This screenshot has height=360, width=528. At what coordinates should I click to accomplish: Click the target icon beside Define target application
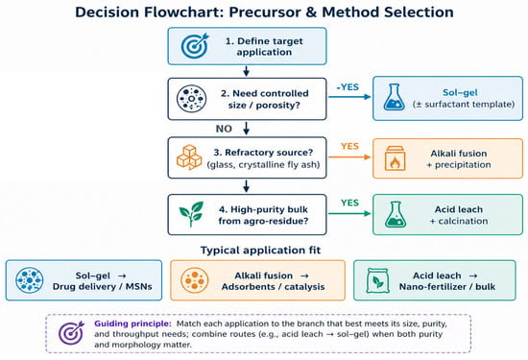[195, 46]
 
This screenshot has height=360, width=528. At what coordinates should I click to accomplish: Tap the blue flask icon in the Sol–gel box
[394, 98]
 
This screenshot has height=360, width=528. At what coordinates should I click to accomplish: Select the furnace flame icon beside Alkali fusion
[395, 158]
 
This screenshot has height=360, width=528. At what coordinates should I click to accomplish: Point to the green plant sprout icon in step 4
[191, 214]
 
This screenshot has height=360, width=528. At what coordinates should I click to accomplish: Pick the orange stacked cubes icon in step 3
[189, 157]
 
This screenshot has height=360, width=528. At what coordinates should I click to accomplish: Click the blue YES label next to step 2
[348, 87]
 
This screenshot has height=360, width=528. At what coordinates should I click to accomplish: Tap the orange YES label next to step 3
[349, 146]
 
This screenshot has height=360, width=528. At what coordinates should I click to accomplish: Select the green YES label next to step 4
[349, 203]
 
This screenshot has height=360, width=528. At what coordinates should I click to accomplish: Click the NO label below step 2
[224, 129]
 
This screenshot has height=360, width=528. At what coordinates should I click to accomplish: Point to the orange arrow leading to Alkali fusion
[349, 156]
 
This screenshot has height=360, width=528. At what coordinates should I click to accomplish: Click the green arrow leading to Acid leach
[349, 213]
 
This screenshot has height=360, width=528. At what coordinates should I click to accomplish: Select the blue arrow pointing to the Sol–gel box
[349, 97]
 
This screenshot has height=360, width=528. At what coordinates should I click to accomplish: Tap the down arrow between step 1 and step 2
[247, 71]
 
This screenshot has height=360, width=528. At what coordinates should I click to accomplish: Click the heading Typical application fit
[260, 251]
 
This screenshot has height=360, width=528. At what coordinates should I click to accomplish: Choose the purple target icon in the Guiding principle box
[71, 333]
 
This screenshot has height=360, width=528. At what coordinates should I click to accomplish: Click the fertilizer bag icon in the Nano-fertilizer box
[377, 280]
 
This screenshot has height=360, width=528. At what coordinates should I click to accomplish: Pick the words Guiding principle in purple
[133, 324]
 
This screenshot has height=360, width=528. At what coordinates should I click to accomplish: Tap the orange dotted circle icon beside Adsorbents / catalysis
[194, 280]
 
